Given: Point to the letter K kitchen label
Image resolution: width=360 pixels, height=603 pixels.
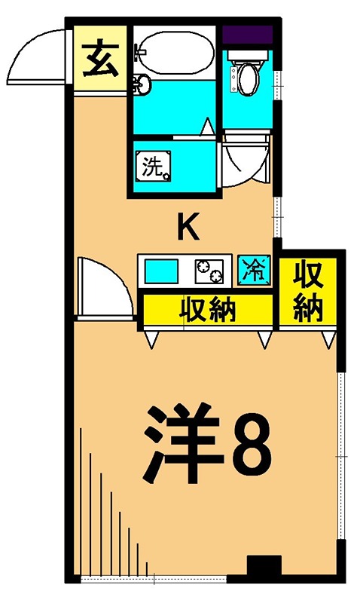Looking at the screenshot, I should click(188, 227).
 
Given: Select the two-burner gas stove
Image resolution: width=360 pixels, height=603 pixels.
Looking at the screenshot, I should click(211, 271).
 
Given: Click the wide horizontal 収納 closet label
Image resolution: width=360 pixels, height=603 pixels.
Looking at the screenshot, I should click(208, 309).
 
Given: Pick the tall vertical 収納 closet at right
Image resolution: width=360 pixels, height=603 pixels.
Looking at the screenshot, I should click(309, 290).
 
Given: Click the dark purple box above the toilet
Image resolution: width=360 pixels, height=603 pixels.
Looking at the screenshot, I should click(247, 35).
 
